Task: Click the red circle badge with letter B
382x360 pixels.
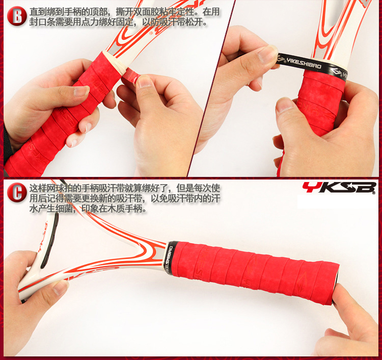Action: click(17, 16)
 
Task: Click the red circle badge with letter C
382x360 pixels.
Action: click(17, 192)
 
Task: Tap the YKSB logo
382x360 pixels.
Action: click(339, 188)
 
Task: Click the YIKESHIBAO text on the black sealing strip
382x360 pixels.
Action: click(304, 63)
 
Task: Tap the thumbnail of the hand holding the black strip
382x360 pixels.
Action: click(268, 55)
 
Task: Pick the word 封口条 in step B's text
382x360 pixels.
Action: click(42, 22)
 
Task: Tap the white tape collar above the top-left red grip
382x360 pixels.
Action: click(115, 61)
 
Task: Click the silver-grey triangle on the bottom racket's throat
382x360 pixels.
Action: click(159, 253)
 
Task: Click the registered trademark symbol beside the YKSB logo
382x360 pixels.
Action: click(374, 192)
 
